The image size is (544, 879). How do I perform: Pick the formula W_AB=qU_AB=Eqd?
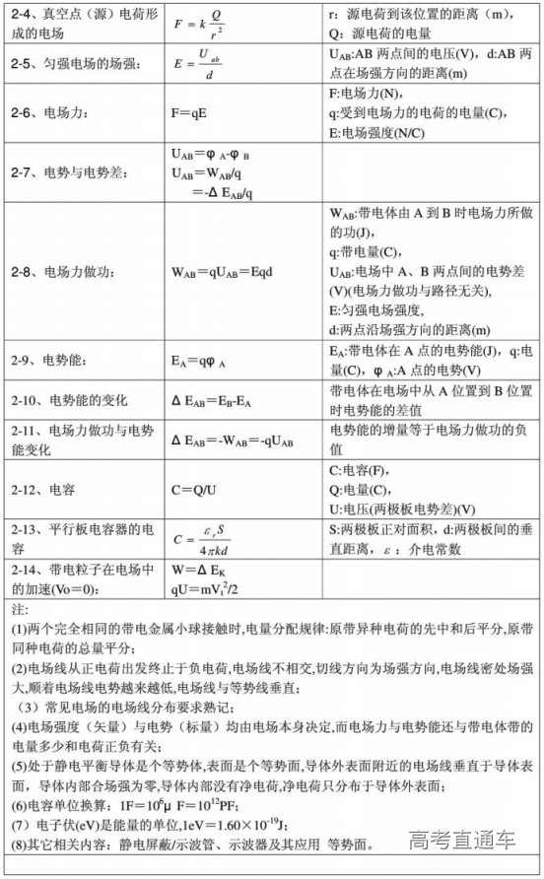(219, 271)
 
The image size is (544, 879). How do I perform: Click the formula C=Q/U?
(193, 489)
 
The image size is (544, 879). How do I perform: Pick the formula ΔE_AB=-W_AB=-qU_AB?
(232, 440)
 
